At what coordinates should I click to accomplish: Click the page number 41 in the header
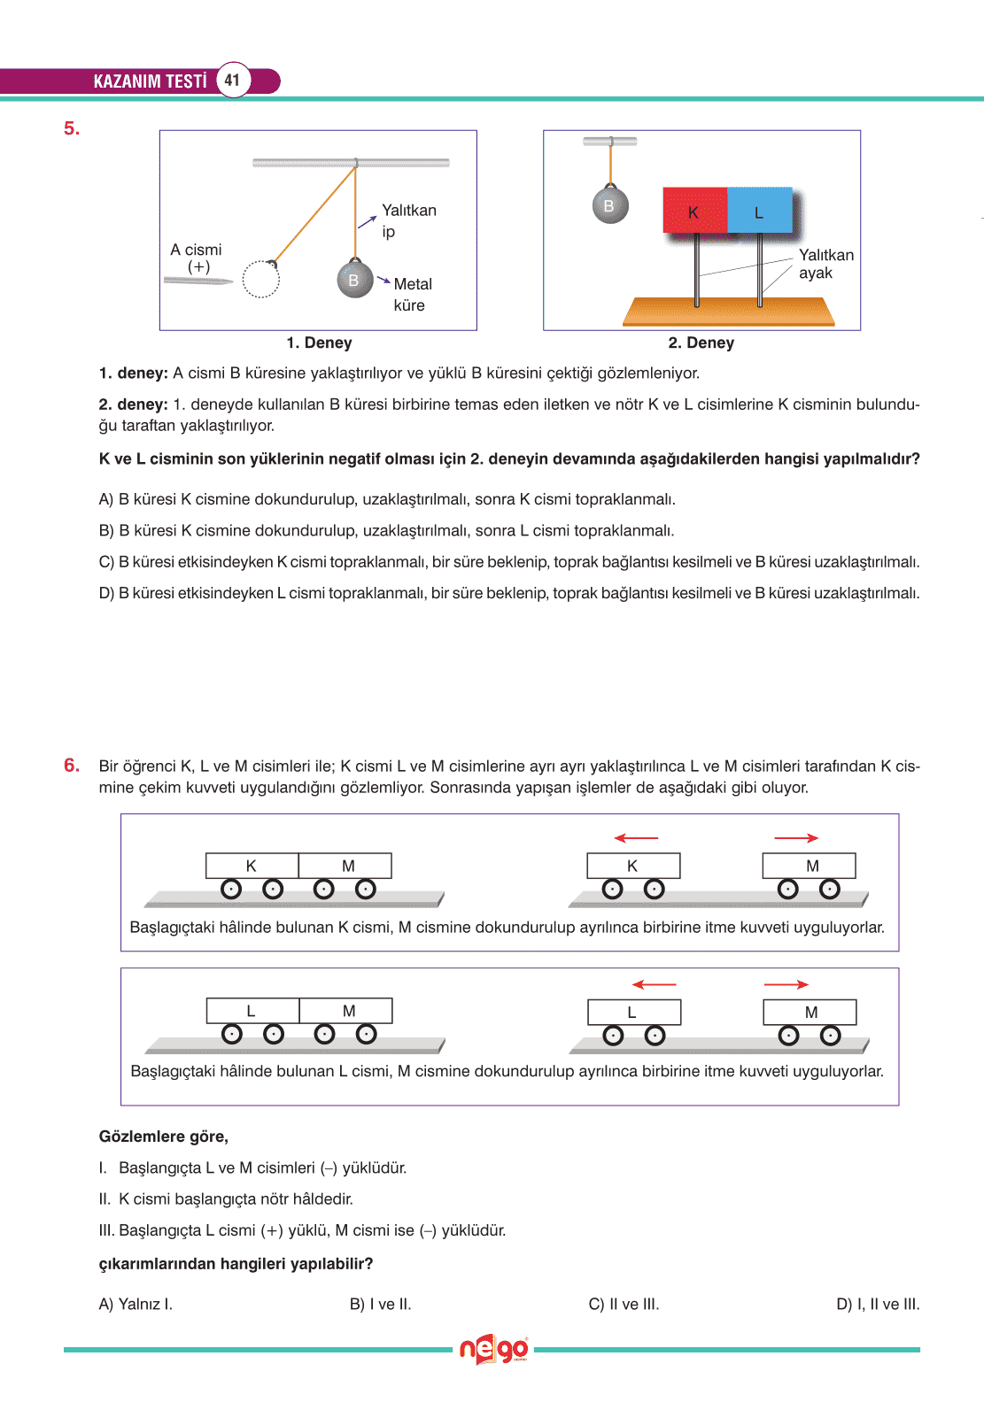point(232,80)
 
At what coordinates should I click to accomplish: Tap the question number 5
point(72,129)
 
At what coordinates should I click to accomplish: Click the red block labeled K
point(694,211)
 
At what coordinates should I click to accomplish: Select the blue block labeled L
point(759,211)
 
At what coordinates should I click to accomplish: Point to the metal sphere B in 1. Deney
point(354,280)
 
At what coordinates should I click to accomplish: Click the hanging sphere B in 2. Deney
point(609,205)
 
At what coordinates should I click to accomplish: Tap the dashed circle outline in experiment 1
point(260,280)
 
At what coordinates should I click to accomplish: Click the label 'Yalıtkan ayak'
point(825,264)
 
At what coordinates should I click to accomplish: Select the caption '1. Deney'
point(319,343)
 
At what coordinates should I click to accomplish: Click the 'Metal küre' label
point(412,294)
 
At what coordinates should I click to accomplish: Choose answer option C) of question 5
point(508,562)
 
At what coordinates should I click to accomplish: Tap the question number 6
point(72,766)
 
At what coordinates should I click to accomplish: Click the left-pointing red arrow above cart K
point(636,837)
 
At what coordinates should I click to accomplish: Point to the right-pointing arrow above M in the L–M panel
point(786,984)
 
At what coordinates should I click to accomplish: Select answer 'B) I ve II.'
point(380,1304)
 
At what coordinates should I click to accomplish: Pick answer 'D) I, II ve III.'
point(877,1304)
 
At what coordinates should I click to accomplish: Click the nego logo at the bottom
point(493,1350)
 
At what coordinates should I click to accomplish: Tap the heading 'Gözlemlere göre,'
point(163,1136)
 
